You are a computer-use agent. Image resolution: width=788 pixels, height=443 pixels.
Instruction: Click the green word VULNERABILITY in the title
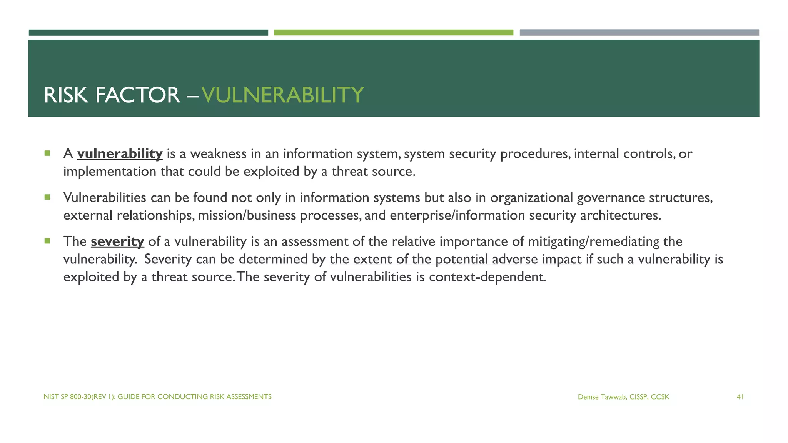pyautogui.click(x=282, y=95)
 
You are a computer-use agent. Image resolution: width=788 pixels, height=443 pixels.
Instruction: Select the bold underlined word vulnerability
pyautogui.click(x=120, y=153)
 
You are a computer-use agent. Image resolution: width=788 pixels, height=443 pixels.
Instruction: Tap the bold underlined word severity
pyautogui.click(x=117, y=241)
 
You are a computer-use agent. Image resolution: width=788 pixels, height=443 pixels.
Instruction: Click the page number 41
pyautogui.click(x=740, y=397)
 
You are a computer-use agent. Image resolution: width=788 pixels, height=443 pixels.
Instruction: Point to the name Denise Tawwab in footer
pyautogui.click(x=601, y=397)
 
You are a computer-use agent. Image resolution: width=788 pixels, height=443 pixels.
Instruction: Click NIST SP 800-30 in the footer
pyautogui.click(x=67, y=397)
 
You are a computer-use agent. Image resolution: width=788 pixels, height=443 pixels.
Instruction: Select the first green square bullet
pyautogui.click(x=47, y=153)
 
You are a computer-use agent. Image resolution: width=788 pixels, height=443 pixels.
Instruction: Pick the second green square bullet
pyautogui.click(x=47, y=197)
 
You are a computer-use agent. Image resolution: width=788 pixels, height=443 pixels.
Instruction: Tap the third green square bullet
pyautogui.click(x=47, y=241)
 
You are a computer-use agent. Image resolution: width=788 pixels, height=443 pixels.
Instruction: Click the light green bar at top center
pyautogui.click(x=393, y=33)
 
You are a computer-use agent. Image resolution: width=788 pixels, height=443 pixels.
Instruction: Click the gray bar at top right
pyautogui.click(x=639, y=33)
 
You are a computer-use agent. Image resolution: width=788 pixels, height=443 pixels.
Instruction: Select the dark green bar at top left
pyautogui.click(x=148, y=33)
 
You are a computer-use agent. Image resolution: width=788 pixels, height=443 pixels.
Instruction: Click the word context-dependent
pyautogui.click(x=487, y=277)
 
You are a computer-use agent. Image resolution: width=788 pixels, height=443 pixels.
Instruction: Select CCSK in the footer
pyautogui.click(x=660, y=397)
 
